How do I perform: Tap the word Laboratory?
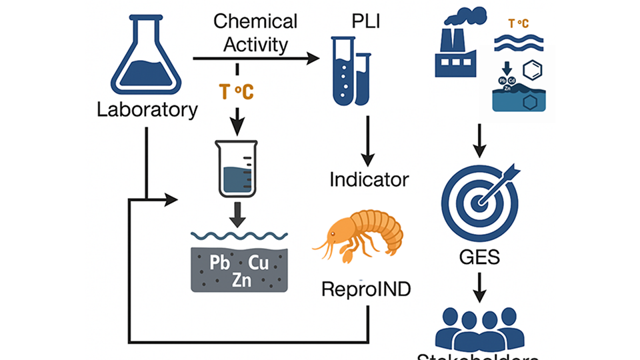click(147, 109)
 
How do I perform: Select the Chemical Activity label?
click(255, 33)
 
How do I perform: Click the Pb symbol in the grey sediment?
click(219, 262)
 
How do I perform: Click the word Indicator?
click(369, 179)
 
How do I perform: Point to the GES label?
click(480, 257)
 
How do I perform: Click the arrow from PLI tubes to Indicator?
click(368, 141)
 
